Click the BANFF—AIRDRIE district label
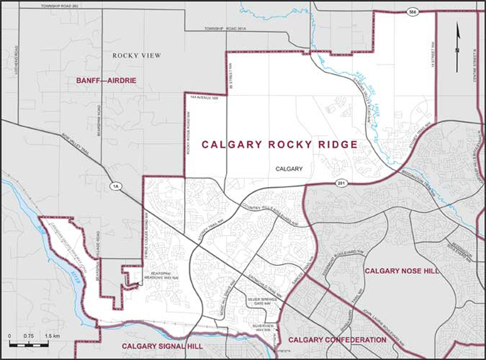click(106, 80)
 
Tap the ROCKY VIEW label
click(137, 56)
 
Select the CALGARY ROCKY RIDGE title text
click(279, 145)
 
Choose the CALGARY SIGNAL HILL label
click(162, 346)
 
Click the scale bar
click(34, 343)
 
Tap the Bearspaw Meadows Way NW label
click(163, 276)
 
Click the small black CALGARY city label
click(289, 169)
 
